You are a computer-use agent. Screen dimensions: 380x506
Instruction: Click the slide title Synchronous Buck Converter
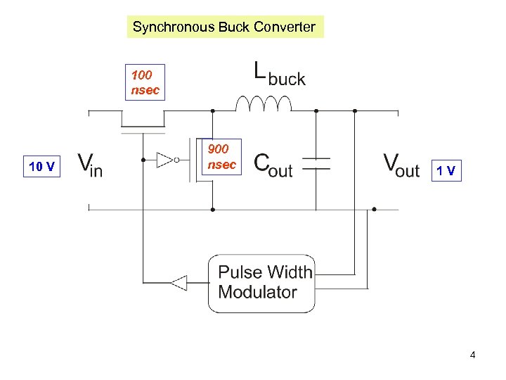click(x=225, y=27)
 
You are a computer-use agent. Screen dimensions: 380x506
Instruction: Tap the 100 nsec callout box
click(x=145, y=82)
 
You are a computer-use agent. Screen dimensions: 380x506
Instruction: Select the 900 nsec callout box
click(x=221, y=156)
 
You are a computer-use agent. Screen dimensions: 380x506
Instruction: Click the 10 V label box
click(x=42, y=167)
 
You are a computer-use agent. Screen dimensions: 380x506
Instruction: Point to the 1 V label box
click(x=447, y=170)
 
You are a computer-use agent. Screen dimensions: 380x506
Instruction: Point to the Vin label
click(x=89, y=165)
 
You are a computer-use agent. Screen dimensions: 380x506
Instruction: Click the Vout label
click(x=401, y=165)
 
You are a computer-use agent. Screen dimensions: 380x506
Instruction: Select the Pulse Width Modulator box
click(x=261, y=283)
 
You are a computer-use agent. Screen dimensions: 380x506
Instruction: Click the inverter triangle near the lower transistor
click(x=165, y=160)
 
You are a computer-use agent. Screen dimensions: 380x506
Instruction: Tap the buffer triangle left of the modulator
click(x=179, y=283)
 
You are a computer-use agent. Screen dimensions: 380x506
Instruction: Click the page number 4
click(x=472, y=355)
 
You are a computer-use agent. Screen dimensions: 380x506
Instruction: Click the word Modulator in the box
click(x=257, y=292)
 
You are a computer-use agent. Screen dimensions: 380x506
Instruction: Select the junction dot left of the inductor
click(x=212, y=110)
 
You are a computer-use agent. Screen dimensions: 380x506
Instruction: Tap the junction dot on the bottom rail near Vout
click(x=374, y=209)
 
